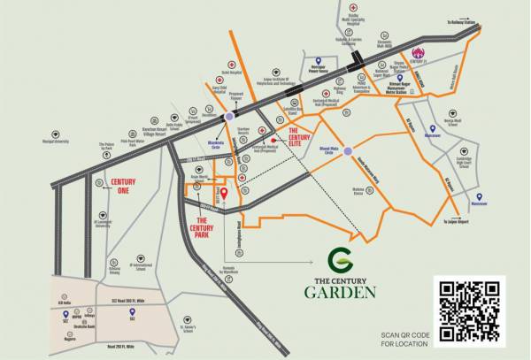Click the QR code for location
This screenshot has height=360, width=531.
coord(472,309)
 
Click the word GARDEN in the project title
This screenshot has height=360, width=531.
coord(341,292)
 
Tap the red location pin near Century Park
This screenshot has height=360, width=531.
coord(224,194)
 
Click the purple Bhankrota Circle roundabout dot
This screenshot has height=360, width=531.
coord(230,116)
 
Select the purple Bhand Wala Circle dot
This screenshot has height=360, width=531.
coord(348,150)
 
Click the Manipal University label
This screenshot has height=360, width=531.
coord(56,142)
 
